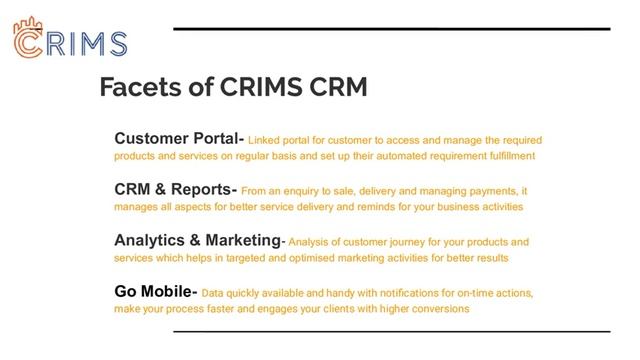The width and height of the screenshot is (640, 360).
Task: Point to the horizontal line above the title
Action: pos(391,29)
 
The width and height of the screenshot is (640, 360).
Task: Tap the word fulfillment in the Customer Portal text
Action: pos(508,157)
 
